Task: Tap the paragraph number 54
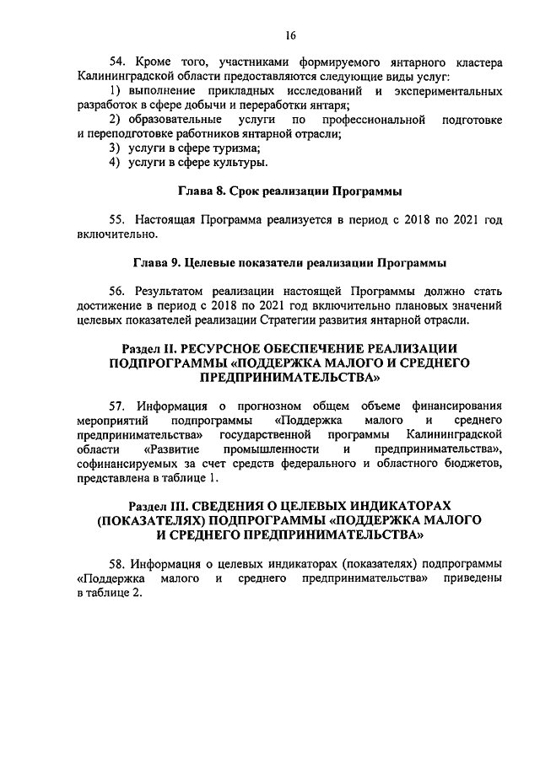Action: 119,62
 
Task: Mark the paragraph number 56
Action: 119,290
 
